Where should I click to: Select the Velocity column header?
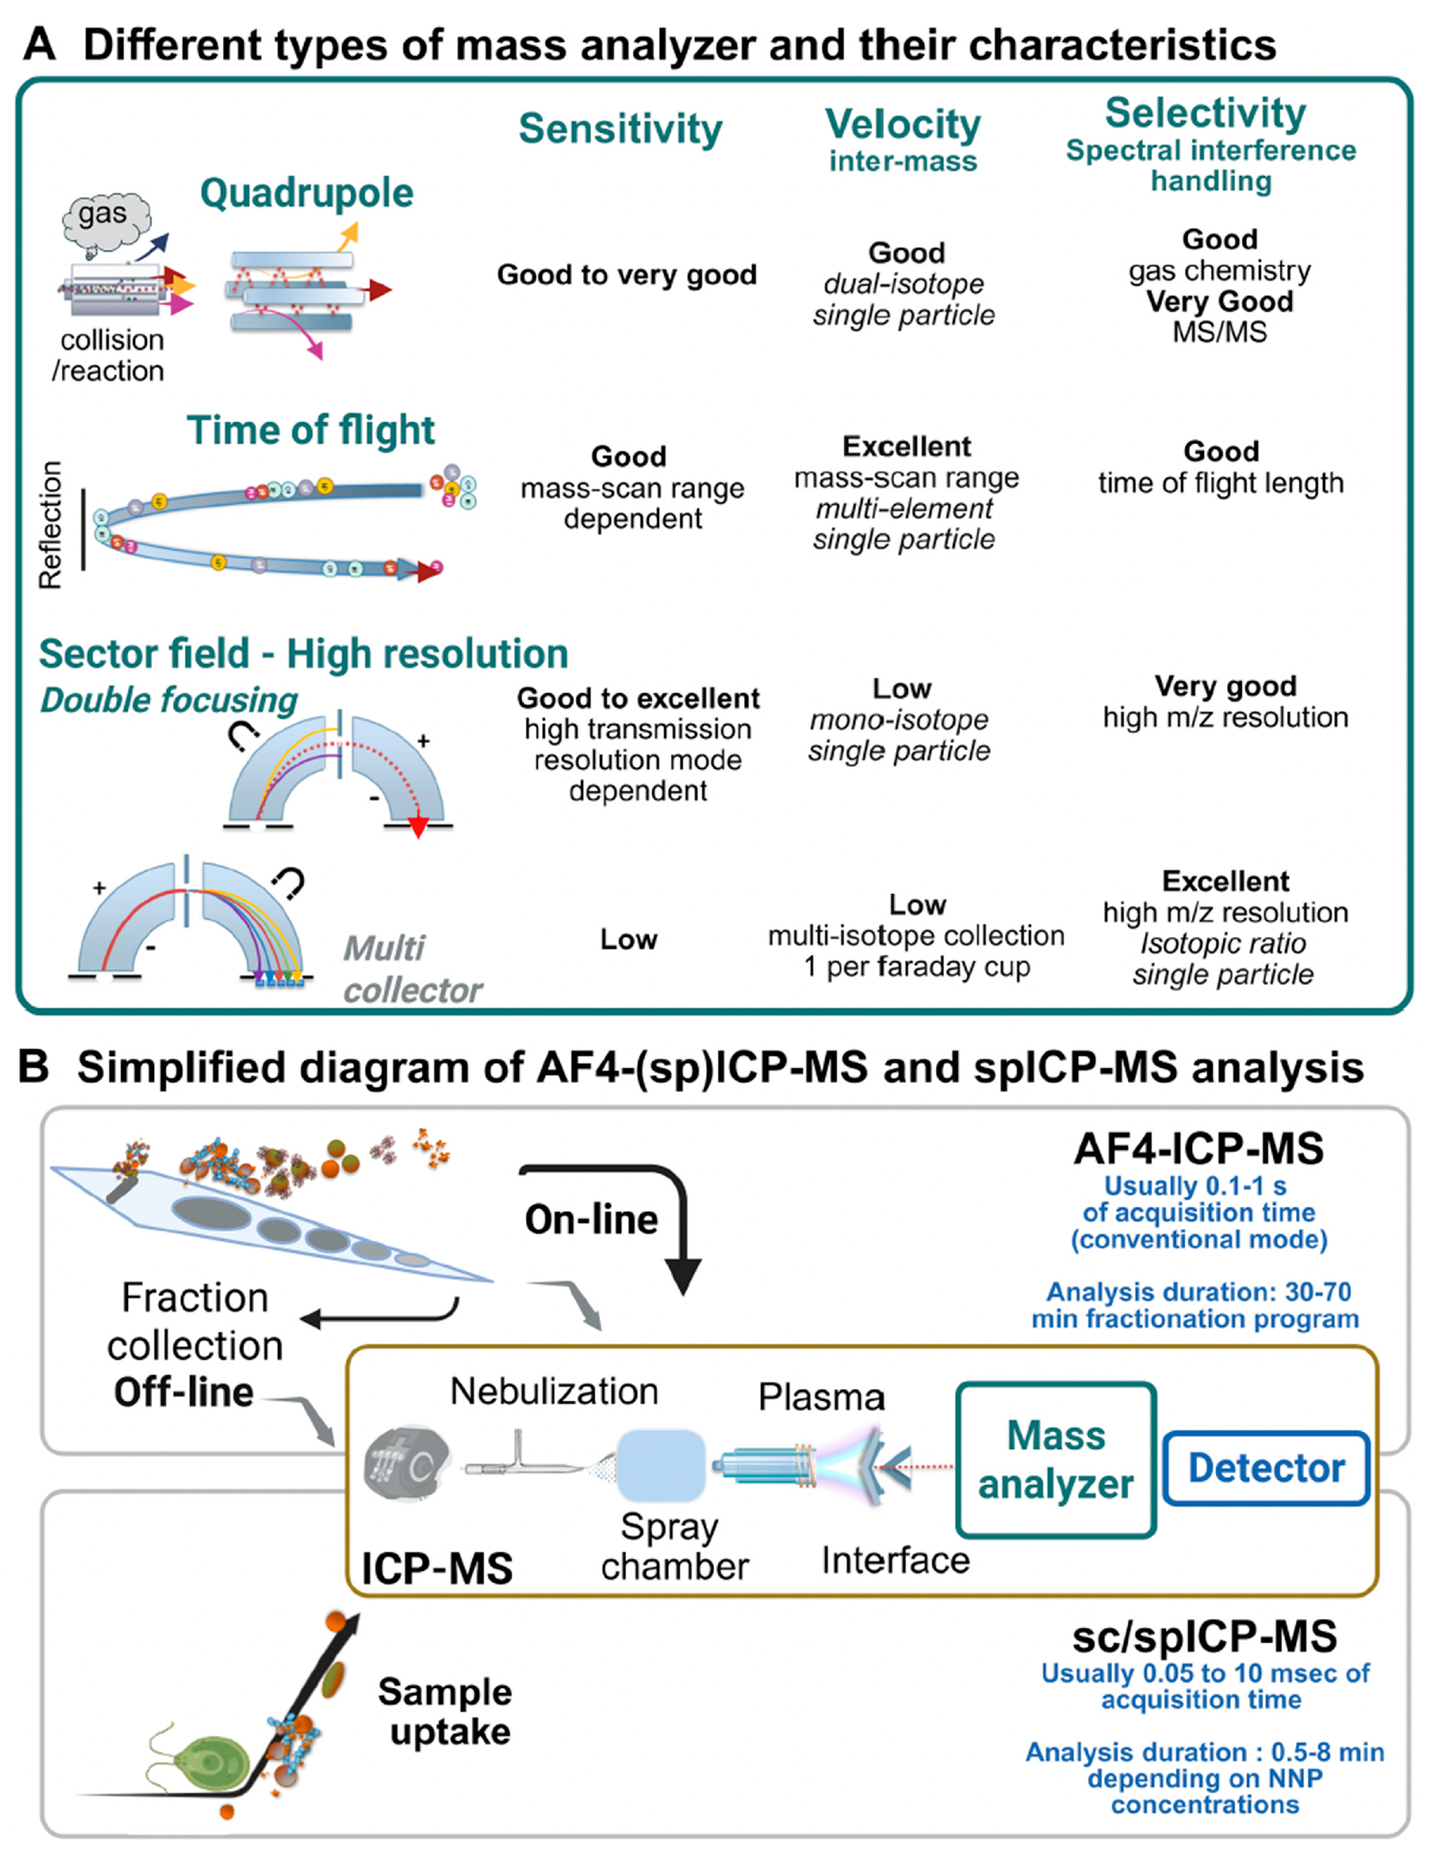click(x=903, y=125)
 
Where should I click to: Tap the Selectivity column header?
click(x=1206, y=113)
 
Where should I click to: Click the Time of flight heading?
click(x=311, y=430)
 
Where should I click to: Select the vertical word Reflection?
click(x=50, y=525)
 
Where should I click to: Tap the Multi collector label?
click(x=412, y=969)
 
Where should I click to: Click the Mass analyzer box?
click(x=1056, y=1460)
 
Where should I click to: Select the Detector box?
click(x=1266, y=1468)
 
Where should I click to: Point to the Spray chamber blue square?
click(x=661, y=1466)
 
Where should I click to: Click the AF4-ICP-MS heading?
click(x=1199, y=1148)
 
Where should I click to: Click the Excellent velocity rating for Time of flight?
click(x=907, y=446)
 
